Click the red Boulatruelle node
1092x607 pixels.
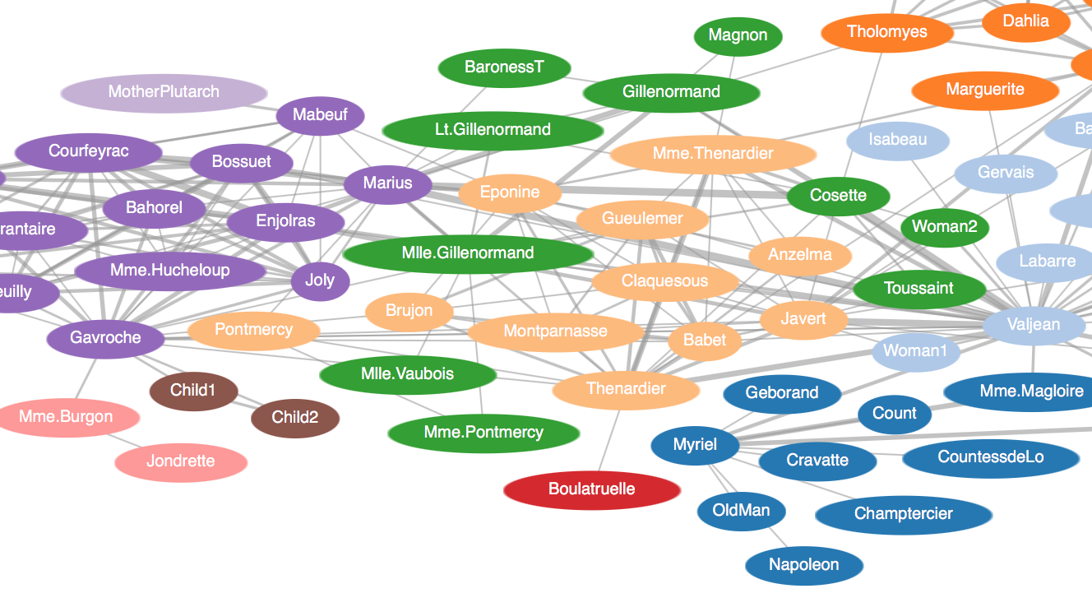point(592,489)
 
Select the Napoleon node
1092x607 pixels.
point(803,565)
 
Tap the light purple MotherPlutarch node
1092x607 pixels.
point(164,92)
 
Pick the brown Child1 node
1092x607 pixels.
point(193,390)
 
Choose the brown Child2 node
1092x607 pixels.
point(294,417)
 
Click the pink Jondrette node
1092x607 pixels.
point(181,461)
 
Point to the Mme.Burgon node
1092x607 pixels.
point(66,417)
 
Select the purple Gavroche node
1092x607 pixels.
point(105,338)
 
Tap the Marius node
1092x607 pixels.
point(387,183)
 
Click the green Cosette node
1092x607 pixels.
point(838,196)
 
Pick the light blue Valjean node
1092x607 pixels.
point(1034,325)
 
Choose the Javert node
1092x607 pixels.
point(803,319)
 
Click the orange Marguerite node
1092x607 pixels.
point(984,90)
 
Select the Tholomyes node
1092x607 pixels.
point(886,33)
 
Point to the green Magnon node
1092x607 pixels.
point(738,35)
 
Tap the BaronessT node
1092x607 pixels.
point(504,67)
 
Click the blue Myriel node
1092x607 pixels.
point(695,445)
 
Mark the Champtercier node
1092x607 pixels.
point(903,514)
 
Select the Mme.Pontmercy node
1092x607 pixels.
point(484,433)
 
